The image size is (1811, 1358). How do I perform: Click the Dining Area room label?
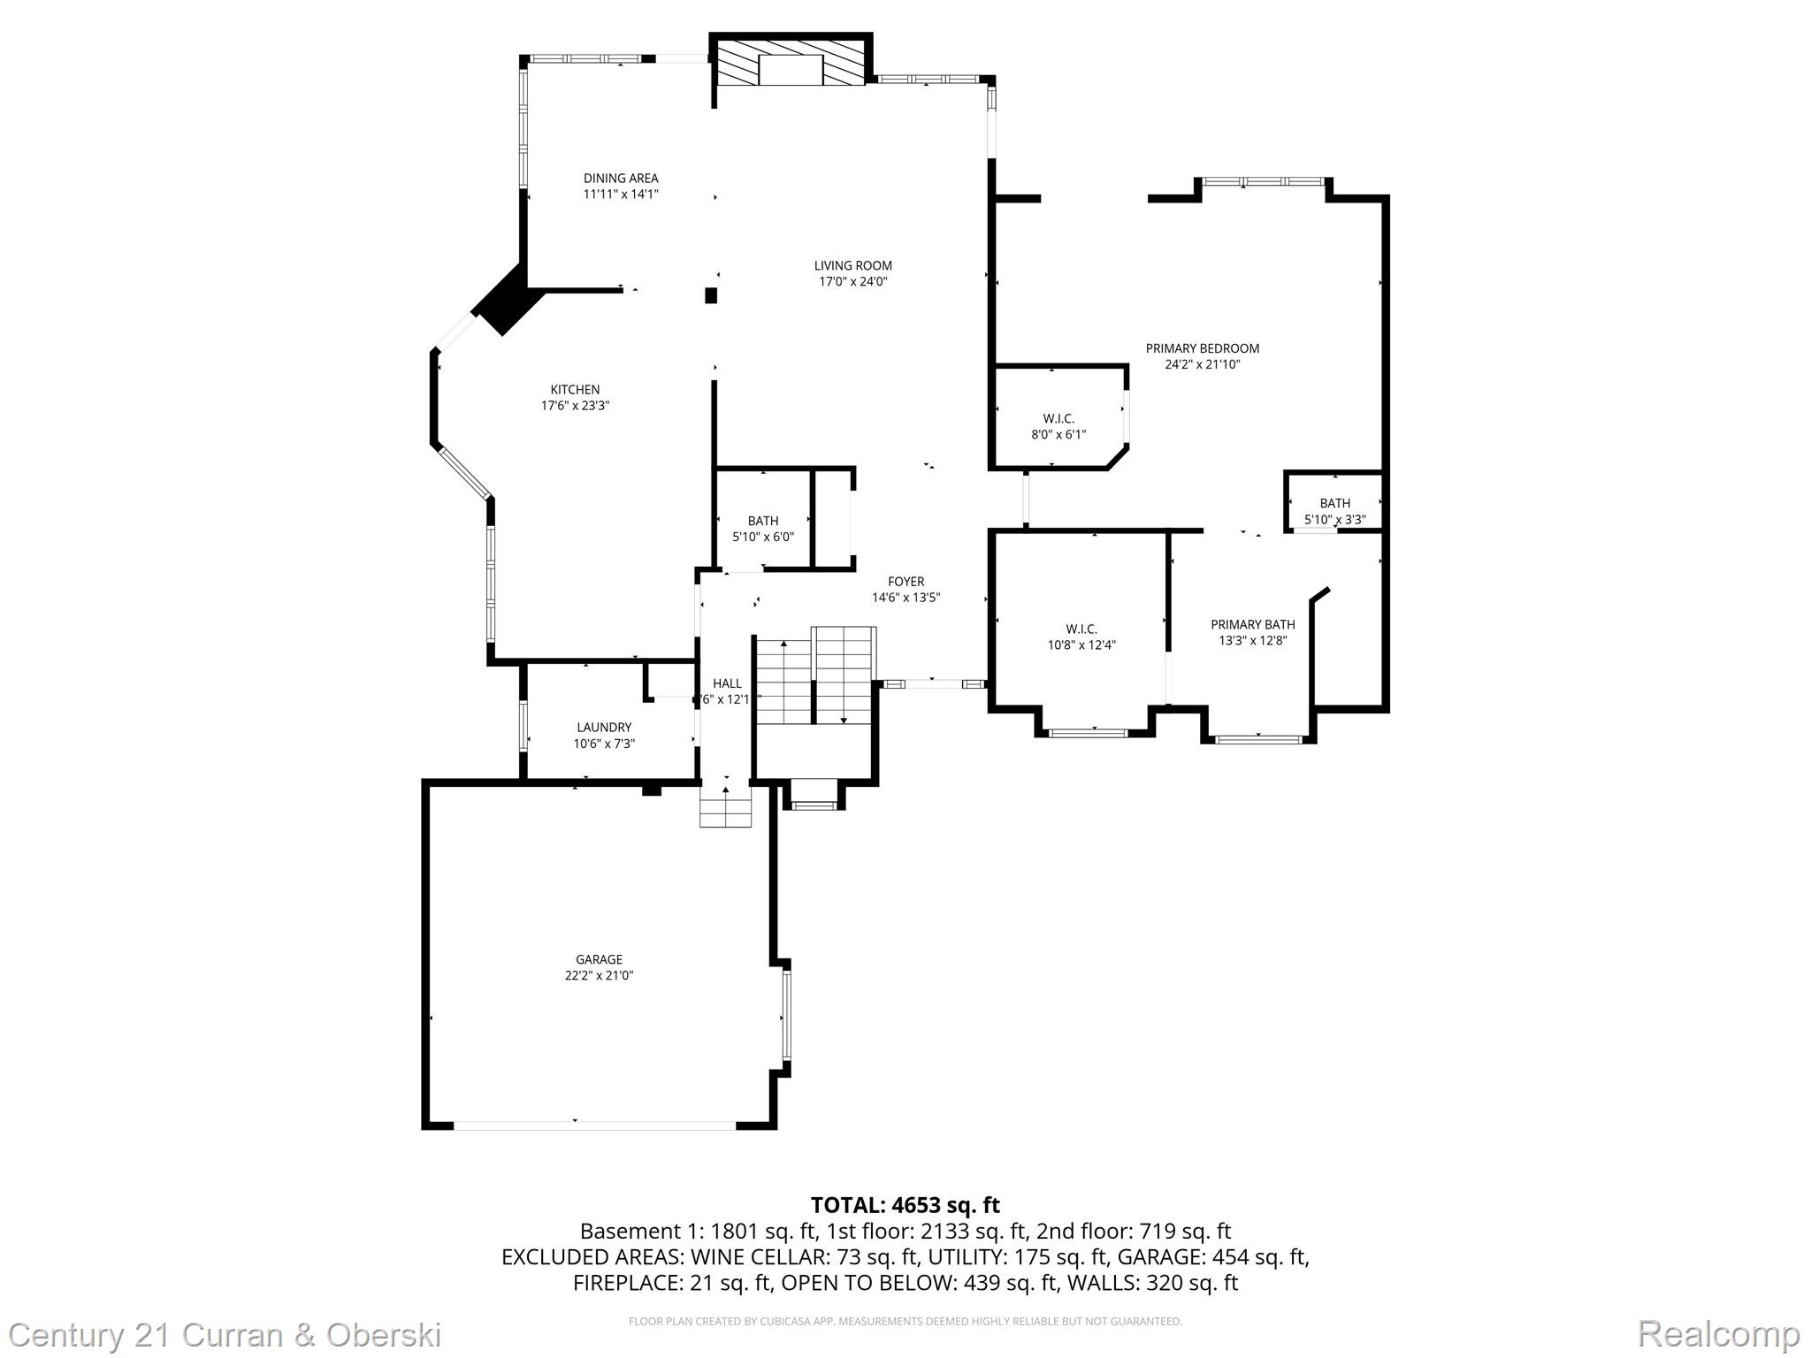(x=620, y=179)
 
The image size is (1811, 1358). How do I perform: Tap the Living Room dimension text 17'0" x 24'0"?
(x=852, y=282)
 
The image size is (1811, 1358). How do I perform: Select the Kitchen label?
(x=575, y=390)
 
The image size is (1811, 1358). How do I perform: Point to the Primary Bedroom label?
(x=1202, y=348)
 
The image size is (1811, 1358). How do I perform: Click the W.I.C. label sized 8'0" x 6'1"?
(x=1058, y=419)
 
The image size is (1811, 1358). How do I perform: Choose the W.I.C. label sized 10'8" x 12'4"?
(x=1081, y=629)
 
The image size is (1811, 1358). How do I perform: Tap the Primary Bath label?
(x=1252, y=625)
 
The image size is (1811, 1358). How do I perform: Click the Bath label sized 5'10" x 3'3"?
(x=1334, y=504)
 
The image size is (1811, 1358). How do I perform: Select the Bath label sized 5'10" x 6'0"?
(x=762, y=522)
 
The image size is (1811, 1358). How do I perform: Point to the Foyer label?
(x=905, y=582)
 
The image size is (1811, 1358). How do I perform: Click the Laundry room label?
(x=604, y=728)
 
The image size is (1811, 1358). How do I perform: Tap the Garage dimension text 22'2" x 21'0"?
(x=600, y=976)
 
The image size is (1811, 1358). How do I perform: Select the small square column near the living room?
(x=711, y=295)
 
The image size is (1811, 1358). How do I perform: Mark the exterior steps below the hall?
(x=725, y=806)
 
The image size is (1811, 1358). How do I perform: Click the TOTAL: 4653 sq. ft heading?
(x=905, y=1205)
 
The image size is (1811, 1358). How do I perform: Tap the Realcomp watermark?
(x=1718, y=1333)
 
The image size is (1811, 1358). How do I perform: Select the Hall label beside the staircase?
(x=727, y=683)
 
